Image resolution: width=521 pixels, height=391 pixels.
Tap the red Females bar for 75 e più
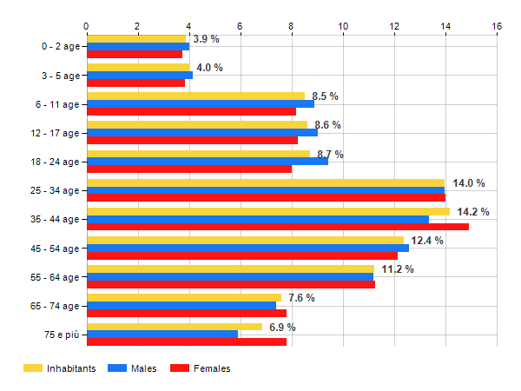[186, 341]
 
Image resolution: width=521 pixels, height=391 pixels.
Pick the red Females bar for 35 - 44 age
[277, 227]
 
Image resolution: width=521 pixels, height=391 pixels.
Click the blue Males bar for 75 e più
[162, 335]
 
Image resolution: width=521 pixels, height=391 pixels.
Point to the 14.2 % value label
[473, 212]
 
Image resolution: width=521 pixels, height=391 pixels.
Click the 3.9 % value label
[206, 39]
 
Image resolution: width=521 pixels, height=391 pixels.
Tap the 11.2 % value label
[398, 269]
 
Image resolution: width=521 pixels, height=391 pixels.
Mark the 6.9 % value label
[280, 328]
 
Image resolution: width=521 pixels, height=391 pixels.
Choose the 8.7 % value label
[327, 154]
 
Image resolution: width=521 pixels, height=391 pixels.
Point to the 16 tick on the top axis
[497, 26]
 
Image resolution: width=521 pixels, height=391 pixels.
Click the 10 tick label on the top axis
[343, 26]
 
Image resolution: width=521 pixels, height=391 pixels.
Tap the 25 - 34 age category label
[53, 190]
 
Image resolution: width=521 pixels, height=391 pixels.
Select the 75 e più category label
[58, 335]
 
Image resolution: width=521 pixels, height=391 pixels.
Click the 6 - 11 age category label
[55, 104]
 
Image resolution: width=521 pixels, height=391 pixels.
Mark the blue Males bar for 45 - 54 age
[247, 248]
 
